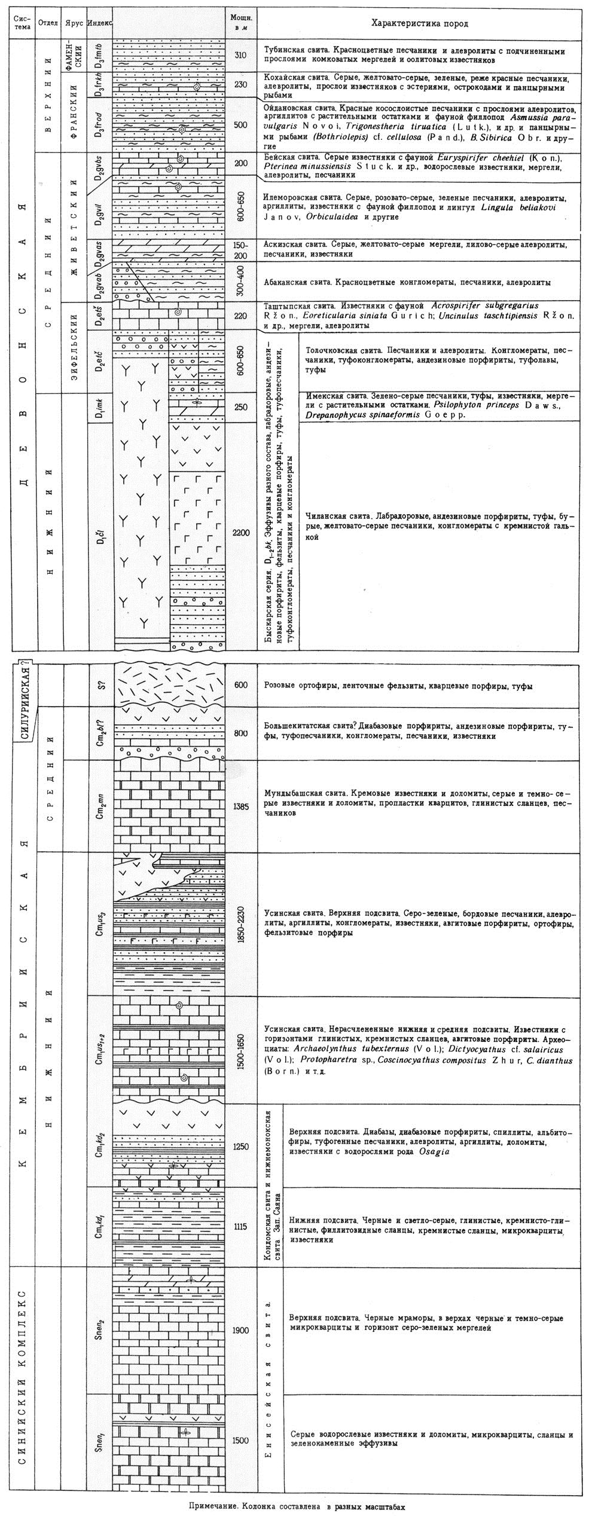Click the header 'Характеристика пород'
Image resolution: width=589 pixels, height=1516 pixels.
click(420, 24)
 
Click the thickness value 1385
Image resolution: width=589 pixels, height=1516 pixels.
click(241, 806)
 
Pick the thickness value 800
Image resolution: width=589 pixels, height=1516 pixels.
click(241, 733)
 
